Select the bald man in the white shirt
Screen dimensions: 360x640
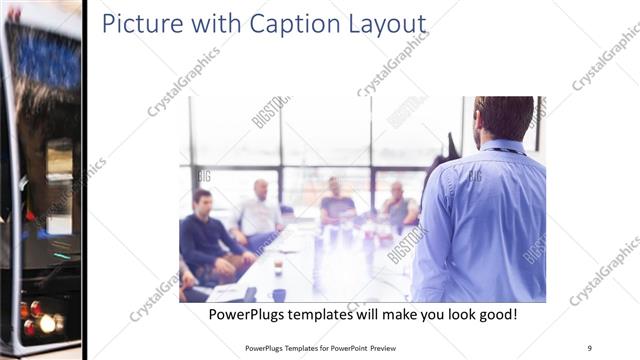260,212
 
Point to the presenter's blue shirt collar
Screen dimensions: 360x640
503,147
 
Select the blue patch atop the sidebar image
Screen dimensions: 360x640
45,60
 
